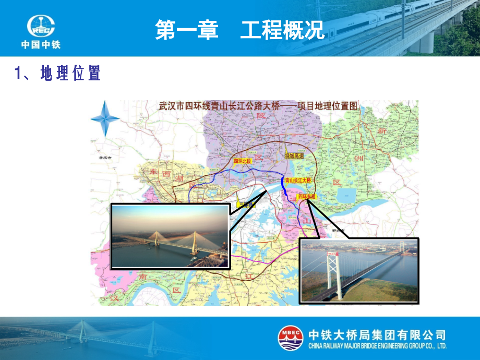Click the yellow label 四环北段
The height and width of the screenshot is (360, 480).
(242, 161)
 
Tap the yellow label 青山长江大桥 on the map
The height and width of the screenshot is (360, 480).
(298, 180)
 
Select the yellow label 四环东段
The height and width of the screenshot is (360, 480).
(307, 197)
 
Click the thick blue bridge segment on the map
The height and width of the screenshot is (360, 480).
(283, 183)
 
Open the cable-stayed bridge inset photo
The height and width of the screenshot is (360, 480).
(171, 236)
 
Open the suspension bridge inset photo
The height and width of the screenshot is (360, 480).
(359, 271)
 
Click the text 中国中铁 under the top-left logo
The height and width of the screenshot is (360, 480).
(41, 45)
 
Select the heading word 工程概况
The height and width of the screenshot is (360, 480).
(282, 30)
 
